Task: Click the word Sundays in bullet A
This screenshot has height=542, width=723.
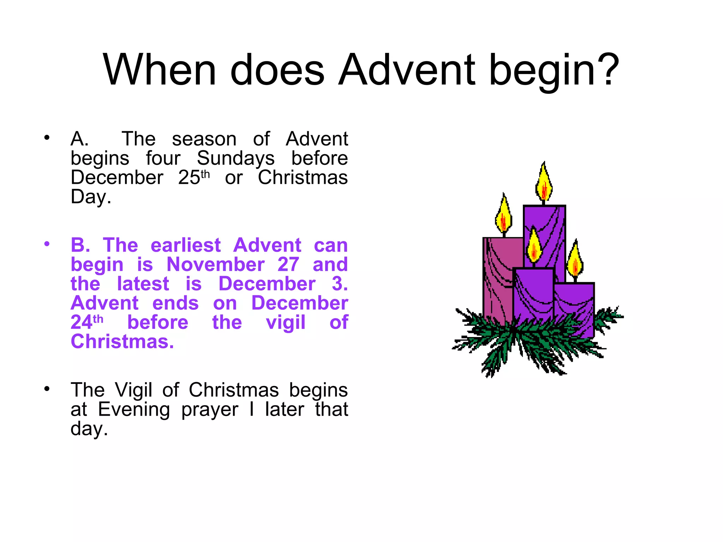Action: tap(235, 158)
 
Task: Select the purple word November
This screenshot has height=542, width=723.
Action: tap(215, 265)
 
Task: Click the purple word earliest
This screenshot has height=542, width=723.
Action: tap(186, 245)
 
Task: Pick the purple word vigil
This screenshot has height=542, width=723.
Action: tap(286, 323)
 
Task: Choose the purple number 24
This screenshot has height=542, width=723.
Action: tap(82, 323)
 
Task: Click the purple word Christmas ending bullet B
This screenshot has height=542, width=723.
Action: tap(122, 342)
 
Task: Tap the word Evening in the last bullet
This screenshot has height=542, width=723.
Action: tap(134, 410)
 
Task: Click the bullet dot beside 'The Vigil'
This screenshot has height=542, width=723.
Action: tap(47, 389)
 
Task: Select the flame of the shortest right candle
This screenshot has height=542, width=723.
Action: tap(575, 261)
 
